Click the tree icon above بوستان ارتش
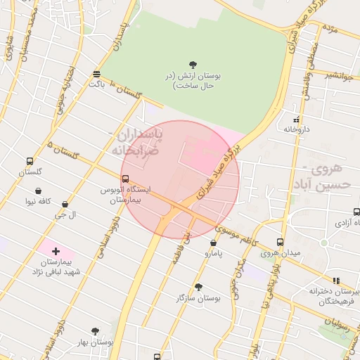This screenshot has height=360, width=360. [193, 65]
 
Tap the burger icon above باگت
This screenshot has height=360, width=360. [97, 74]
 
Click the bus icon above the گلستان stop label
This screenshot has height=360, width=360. [30, 161]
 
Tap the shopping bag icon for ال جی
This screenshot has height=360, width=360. [65, 205]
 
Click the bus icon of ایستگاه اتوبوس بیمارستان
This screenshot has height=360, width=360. [126, 179]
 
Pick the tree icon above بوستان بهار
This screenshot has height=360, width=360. [96, 330]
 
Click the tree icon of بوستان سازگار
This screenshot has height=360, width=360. [198, 287]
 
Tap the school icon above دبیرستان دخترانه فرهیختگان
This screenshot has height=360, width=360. [336, 280]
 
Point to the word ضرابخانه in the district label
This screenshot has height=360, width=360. [134, 150]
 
